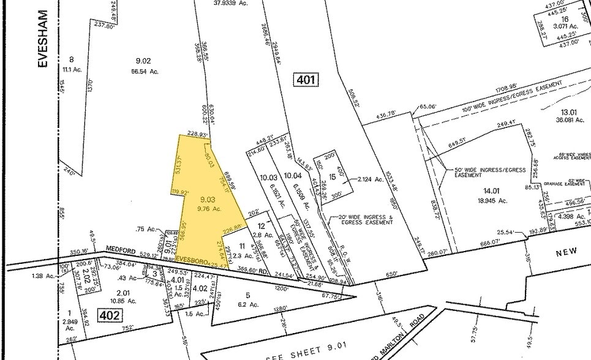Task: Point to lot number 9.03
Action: (208, 199)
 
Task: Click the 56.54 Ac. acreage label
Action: (146, 71)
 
